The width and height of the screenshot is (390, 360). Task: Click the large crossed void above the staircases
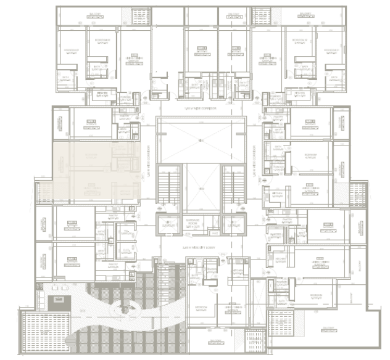200,140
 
